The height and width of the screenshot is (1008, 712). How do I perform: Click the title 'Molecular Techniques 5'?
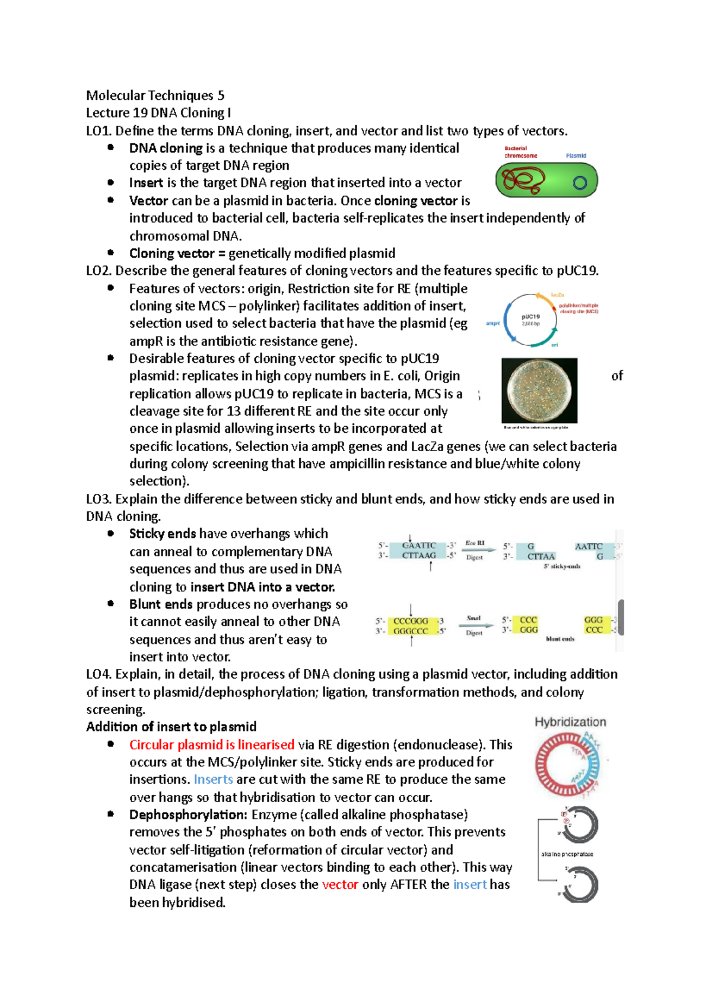(155, 96)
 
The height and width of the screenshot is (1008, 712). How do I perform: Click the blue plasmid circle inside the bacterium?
(580, 183)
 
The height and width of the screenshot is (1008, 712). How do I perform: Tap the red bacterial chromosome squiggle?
(522, 180)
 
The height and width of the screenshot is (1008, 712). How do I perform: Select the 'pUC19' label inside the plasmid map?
(530, 317)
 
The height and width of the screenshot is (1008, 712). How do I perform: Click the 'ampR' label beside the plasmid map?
(493, 324)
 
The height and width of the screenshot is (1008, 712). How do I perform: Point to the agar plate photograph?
(539, 390)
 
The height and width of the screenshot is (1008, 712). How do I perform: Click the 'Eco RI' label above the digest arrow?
(475, 543)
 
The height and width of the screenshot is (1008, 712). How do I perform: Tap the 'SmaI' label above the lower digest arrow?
(473, 619)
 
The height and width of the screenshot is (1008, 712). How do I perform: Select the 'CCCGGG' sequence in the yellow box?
(411, 621)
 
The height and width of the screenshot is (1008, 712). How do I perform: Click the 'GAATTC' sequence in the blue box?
(419, 546)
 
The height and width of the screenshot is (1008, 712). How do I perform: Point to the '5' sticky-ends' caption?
(561, 567)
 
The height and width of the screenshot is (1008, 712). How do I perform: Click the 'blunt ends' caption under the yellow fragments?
(560, 639)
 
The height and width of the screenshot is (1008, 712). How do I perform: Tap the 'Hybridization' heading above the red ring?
(570, 722)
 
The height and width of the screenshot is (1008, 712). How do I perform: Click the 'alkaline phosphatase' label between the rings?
(567, 854)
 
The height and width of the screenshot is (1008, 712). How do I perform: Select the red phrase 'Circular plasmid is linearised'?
(212, 745)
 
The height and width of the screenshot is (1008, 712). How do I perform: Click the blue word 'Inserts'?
(213, 779)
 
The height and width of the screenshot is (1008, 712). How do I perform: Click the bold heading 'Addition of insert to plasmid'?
(171, 727)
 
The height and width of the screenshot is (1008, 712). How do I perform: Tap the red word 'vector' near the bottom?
(340, 885)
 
